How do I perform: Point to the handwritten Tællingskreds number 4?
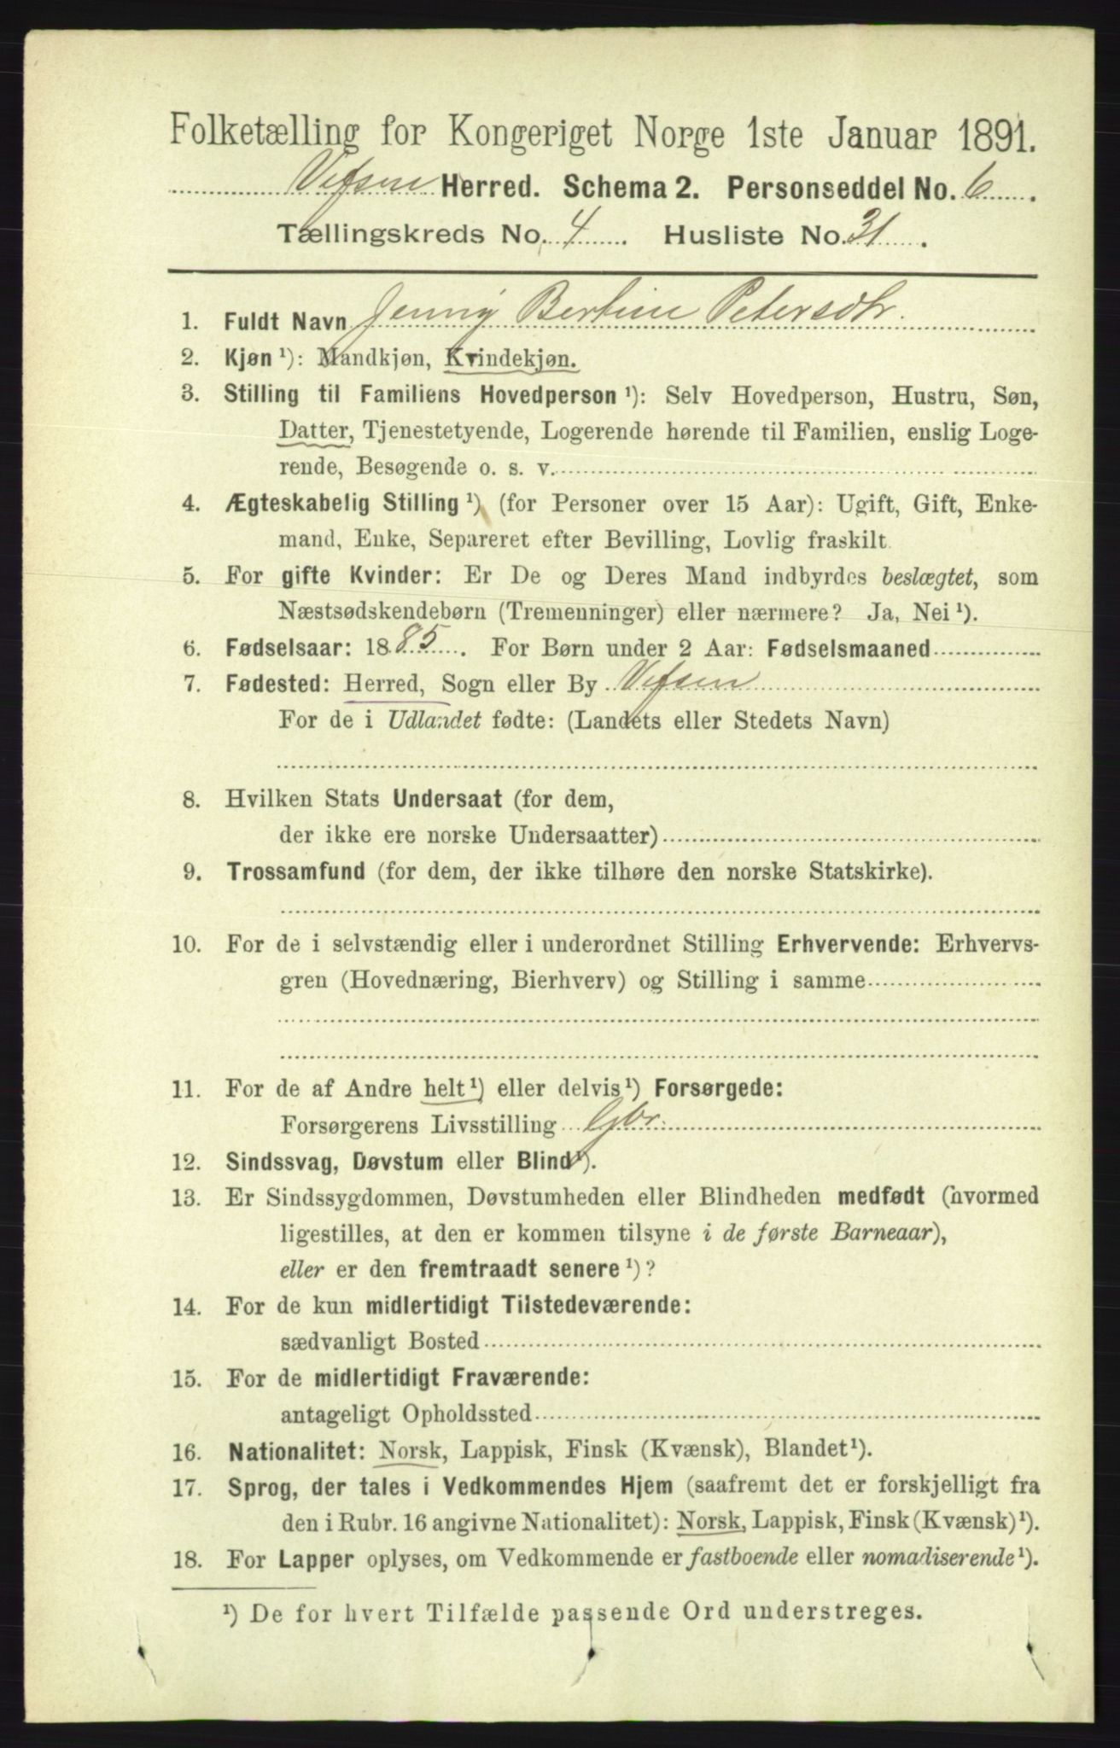pyautogui.click(x=573, y=233)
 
